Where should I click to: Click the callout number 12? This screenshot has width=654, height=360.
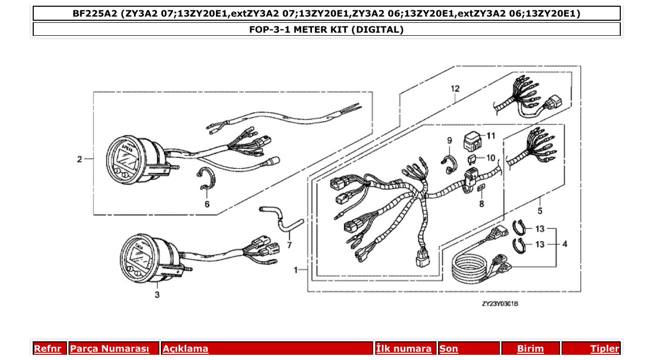point(455,89)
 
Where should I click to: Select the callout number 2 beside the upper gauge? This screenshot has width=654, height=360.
point(79,159)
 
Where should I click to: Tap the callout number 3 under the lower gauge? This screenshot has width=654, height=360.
point(157,295)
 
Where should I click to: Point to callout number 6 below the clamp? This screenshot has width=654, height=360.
point(207,204)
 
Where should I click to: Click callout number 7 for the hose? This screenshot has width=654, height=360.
point(289,244)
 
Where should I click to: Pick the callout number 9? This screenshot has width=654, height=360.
point(449,140)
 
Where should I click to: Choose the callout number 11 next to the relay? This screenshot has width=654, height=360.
point(491,136)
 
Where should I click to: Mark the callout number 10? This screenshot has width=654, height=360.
point(491,157)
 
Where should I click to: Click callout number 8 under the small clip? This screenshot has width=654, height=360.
point(481,204)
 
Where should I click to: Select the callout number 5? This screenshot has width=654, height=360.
point(540,211)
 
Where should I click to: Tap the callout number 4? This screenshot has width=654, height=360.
point(564,244)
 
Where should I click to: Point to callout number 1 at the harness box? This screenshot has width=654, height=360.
point(296,270)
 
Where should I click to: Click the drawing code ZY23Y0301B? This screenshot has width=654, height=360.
point(499,303)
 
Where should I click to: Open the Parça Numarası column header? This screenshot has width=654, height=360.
point(110,349)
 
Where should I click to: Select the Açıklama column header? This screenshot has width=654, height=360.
point(186,349)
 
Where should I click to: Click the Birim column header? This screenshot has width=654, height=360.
point(530,349)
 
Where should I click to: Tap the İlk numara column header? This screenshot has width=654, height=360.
point(404,349)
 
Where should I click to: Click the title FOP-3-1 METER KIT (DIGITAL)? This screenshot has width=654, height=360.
point(326,30)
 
